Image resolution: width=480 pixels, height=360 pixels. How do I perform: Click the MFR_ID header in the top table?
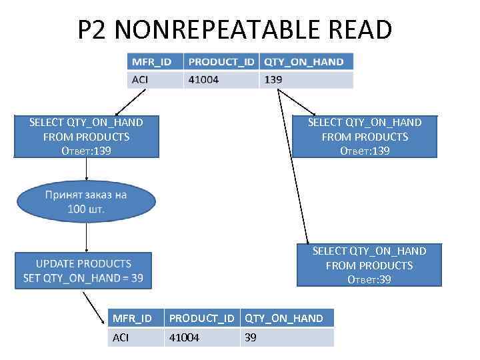(152, 62)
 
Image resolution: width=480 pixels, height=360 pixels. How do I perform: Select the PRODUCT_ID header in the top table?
(221, 62)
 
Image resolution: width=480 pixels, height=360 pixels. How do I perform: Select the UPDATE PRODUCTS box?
(83, 271)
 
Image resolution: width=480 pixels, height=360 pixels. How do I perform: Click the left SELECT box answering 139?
(86, 137)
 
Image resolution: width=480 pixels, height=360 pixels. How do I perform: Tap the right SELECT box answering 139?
(365, 137)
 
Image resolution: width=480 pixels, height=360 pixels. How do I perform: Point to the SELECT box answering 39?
(369, 265)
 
